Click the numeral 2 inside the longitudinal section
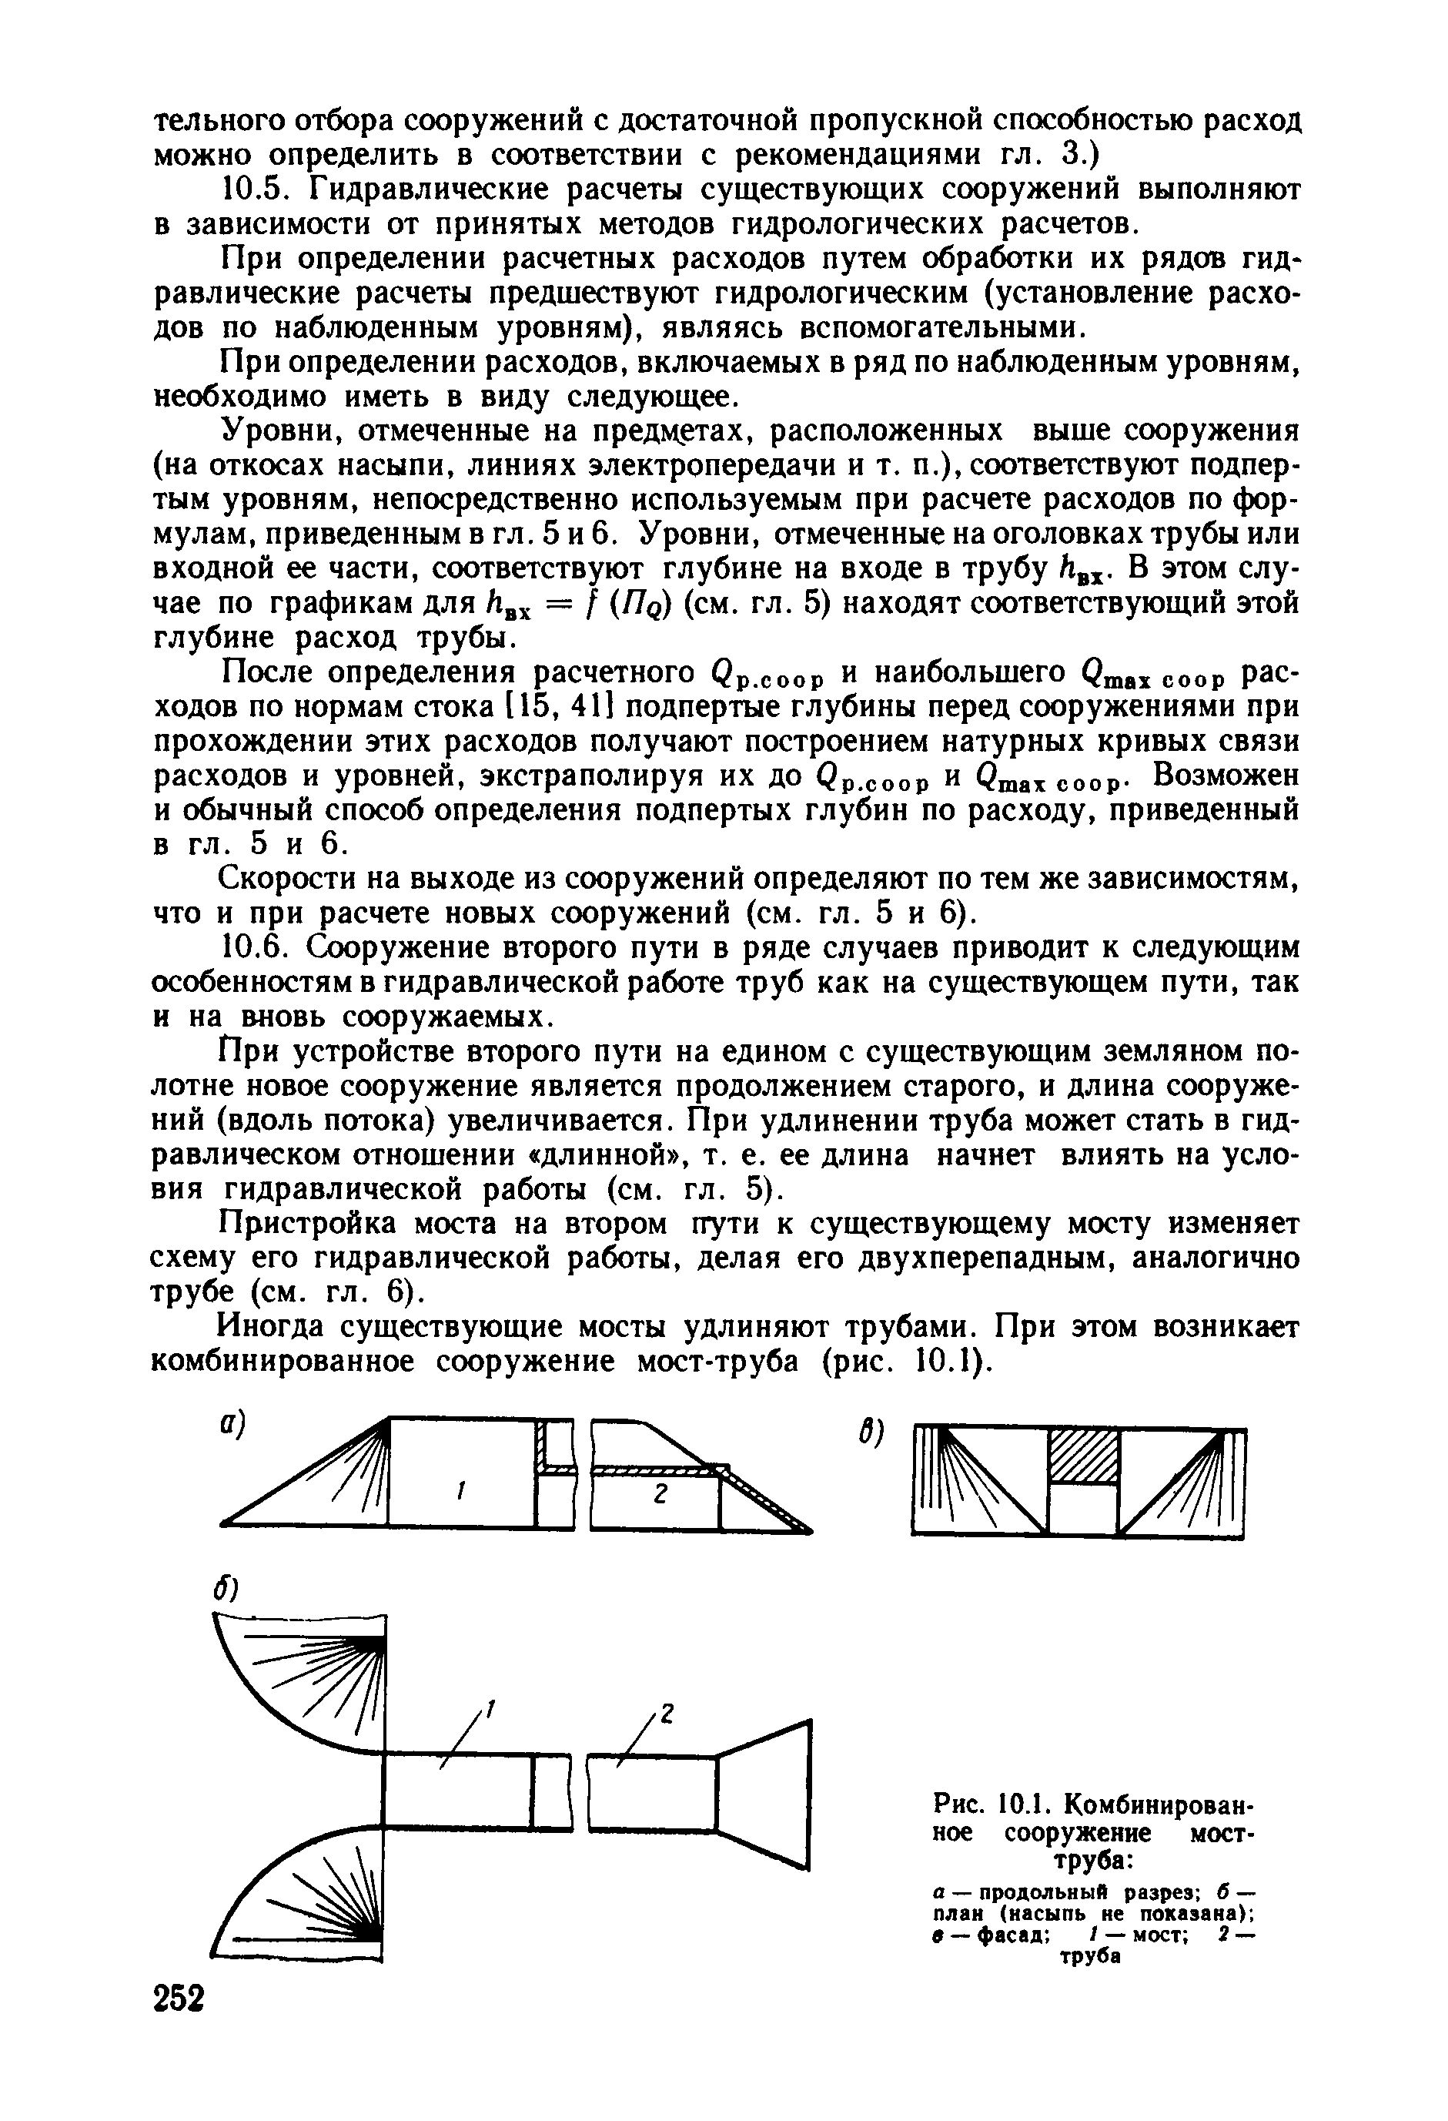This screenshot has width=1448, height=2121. [661, 1494]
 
